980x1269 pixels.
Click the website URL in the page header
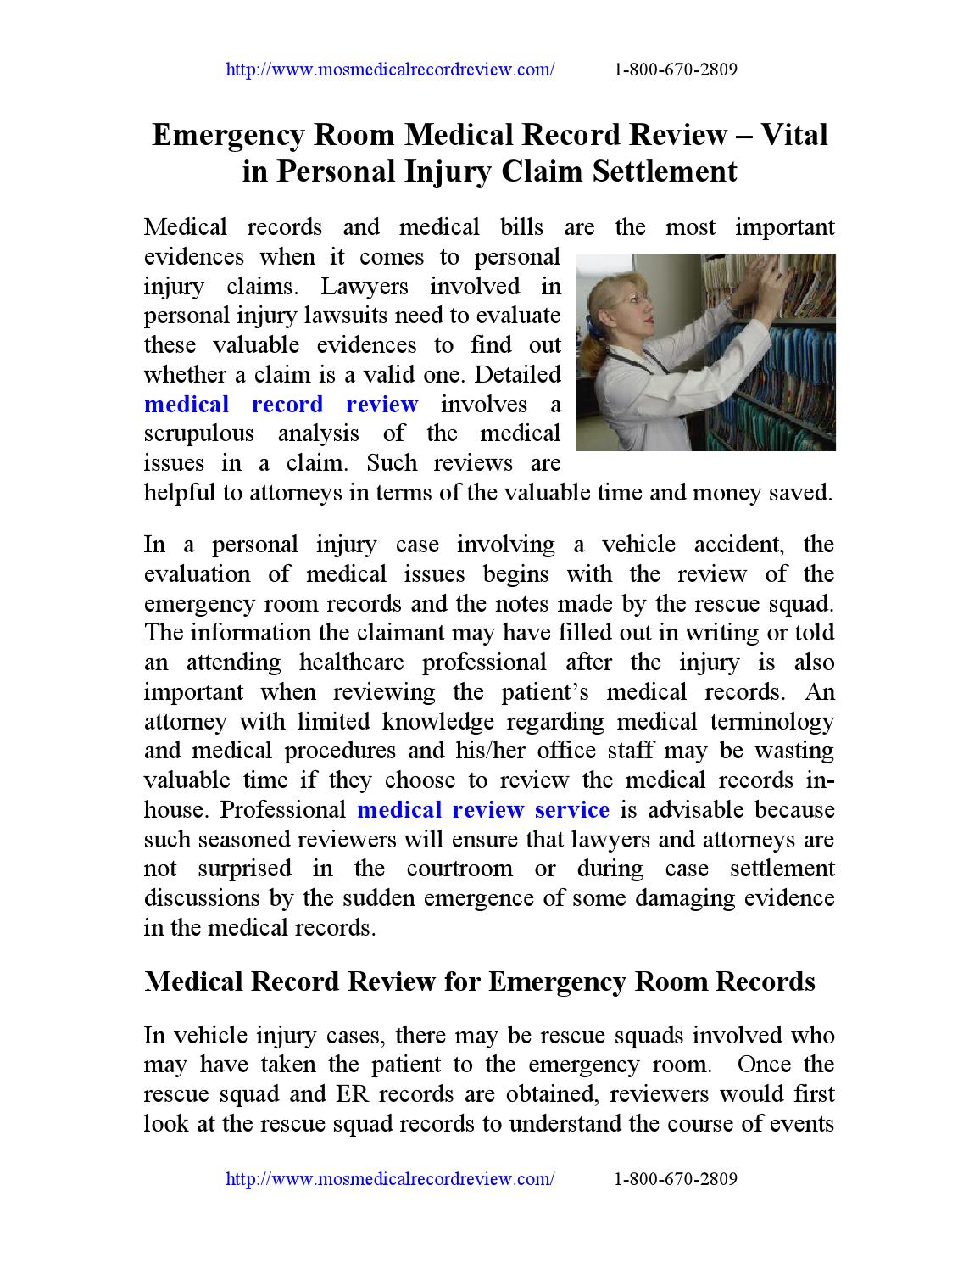click(390, 70)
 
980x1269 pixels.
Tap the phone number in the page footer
click(674, 1179)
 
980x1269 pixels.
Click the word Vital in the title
click(793, 135)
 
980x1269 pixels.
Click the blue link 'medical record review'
click(281, 404)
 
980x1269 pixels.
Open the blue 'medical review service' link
click(482, 809)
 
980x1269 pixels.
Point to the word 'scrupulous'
click(199, 433)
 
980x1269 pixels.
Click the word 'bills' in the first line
click(511, 227)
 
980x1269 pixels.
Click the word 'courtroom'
click(459, 869)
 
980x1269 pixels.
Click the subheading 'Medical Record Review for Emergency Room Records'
click(479, 981)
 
